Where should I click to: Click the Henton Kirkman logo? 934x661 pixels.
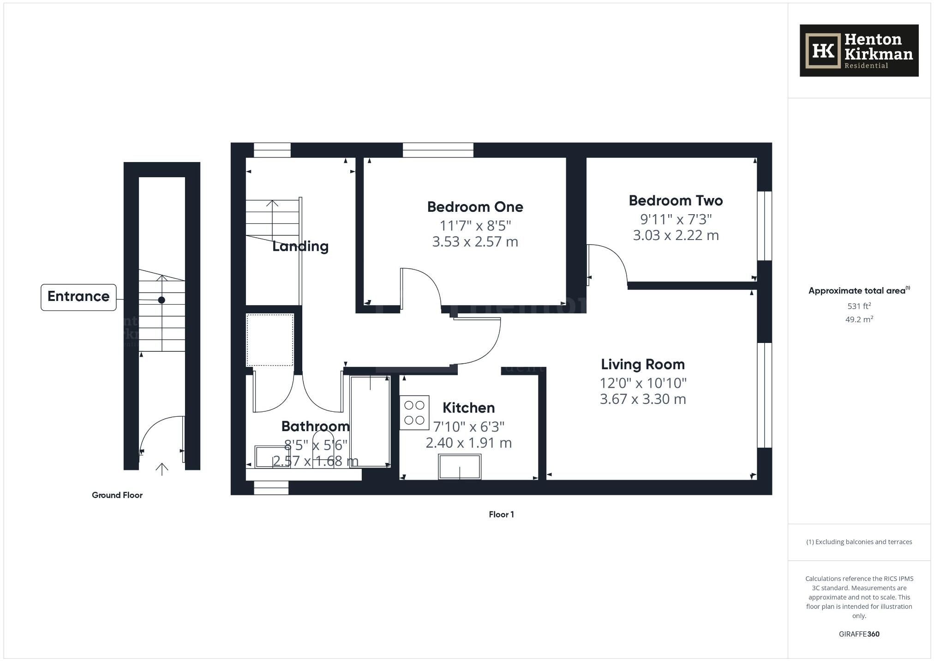859,50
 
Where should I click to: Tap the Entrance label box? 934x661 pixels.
78,297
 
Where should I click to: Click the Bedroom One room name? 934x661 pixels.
475,207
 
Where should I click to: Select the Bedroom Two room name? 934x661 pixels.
676,201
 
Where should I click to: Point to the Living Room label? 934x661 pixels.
642,365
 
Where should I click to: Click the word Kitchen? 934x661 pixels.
468,408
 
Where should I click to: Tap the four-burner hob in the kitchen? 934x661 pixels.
414,413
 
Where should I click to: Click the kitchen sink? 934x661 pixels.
460,466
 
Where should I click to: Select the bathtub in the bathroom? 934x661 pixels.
370,421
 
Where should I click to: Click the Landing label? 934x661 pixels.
300,246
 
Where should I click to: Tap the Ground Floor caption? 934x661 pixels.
117,495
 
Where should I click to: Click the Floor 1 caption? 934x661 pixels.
501,515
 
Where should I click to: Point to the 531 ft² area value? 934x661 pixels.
859,306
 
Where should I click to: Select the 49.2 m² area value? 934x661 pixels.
859,319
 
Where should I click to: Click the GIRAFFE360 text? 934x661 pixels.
859,634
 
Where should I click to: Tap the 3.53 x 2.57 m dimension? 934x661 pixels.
475,242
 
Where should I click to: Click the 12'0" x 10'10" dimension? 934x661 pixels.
642,383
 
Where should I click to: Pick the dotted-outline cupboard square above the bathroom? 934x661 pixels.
270,340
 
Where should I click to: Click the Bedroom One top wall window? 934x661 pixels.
438,150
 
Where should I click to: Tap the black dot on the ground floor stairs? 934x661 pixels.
162,300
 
